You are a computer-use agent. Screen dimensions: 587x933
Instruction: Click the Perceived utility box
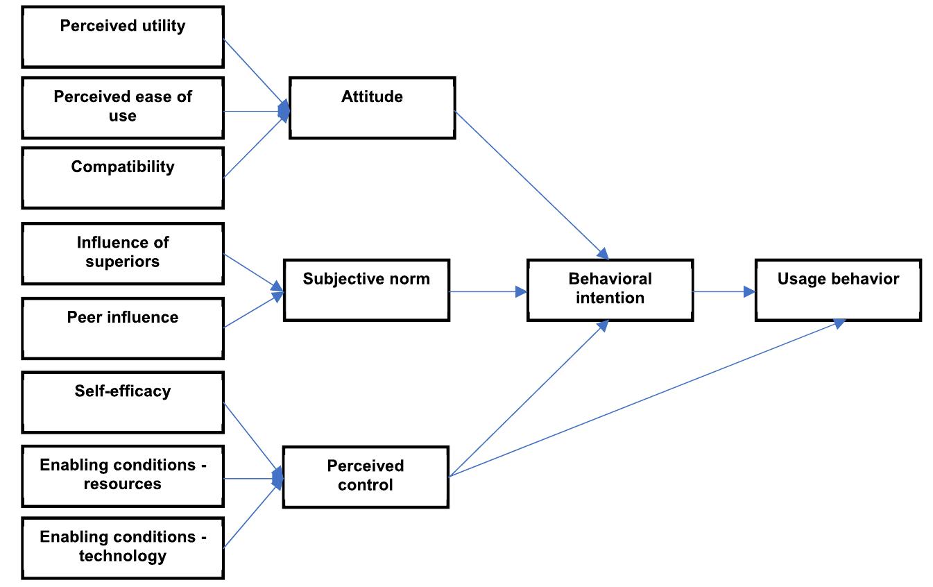pyautogui.click(x=123, y=37)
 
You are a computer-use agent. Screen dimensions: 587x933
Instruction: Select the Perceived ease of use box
pyautogui.click(x=123, y=108)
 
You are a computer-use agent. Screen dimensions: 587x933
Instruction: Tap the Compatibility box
pyautogui.click(x=123, y=178)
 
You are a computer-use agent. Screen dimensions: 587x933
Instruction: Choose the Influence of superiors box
pyautogui.click(x=123, y=253)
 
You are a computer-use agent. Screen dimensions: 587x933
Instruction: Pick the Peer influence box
pyautogui.click(x=123, y=328)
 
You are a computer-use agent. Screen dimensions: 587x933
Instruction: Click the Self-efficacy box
pyautogui.click(x=123, y=402)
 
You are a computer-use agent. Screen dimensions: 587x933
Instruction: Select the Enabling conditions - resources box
pyautogui.click(x=123, y=475)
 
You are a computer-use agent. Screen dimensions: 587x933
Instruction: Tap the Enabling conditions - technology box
pyautogui.click(x=123, y=547)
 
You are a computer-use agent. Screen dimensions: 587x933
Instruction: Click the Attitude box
pyautogui.click(x=372, y=108)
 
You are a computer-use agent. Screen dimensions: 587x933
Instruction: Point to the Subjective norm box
pyautogui.click(x=366, y=290)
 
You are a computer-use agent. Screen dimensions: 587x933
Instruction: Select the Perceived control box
pyautogui.click(x=366, y=477)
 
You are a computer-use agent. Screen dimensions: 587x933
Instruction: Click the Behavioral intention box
pyautogui.click(x=610, y=290)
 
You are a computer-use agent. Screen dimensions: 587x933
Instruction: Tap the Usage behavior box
pyautogui.click(x=838, y=290)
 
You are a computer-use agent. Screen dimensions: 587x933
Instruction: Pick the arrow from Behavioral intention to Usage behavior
pyautogui.click(x=724, y=291)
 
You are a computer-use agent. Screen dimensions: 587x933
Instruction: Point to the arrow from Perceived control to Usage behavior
pyautogui.click(x=645, y=399)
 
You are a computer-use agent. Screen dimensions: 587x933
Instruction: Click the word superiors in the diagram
pyautogui.click(x=123, y=262)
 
